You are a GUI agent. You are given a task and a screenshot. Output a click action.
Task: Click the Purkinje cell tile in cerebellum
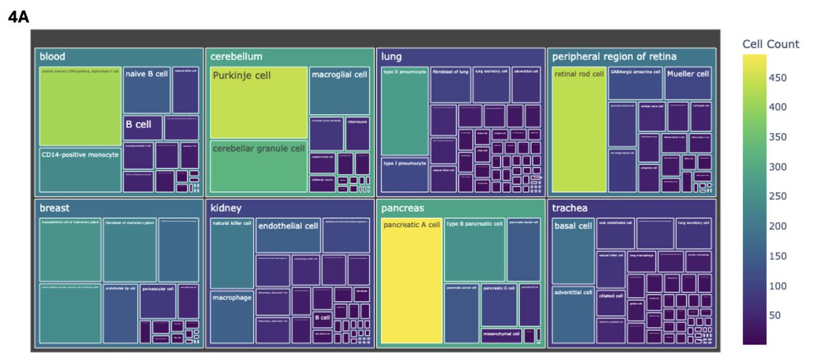click(259, 103)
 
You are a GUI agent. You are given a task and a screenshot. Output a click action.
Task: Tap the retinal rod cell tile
click(579, 129)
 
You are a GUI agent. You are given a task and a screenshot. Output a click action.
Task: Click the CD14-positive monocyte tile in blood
click(80, 170)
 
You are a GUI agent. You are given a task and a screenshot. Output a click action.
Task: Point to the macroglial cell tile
click(340, 90)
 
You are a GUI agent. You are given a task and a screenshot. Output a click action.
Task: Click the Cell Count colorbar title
click(771, 44)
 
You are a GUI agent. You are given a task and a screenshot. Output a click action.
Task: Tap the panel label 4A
click(18, 17)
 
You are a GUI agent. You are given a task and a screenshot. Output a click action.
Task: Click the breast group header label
click(54, 207)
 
